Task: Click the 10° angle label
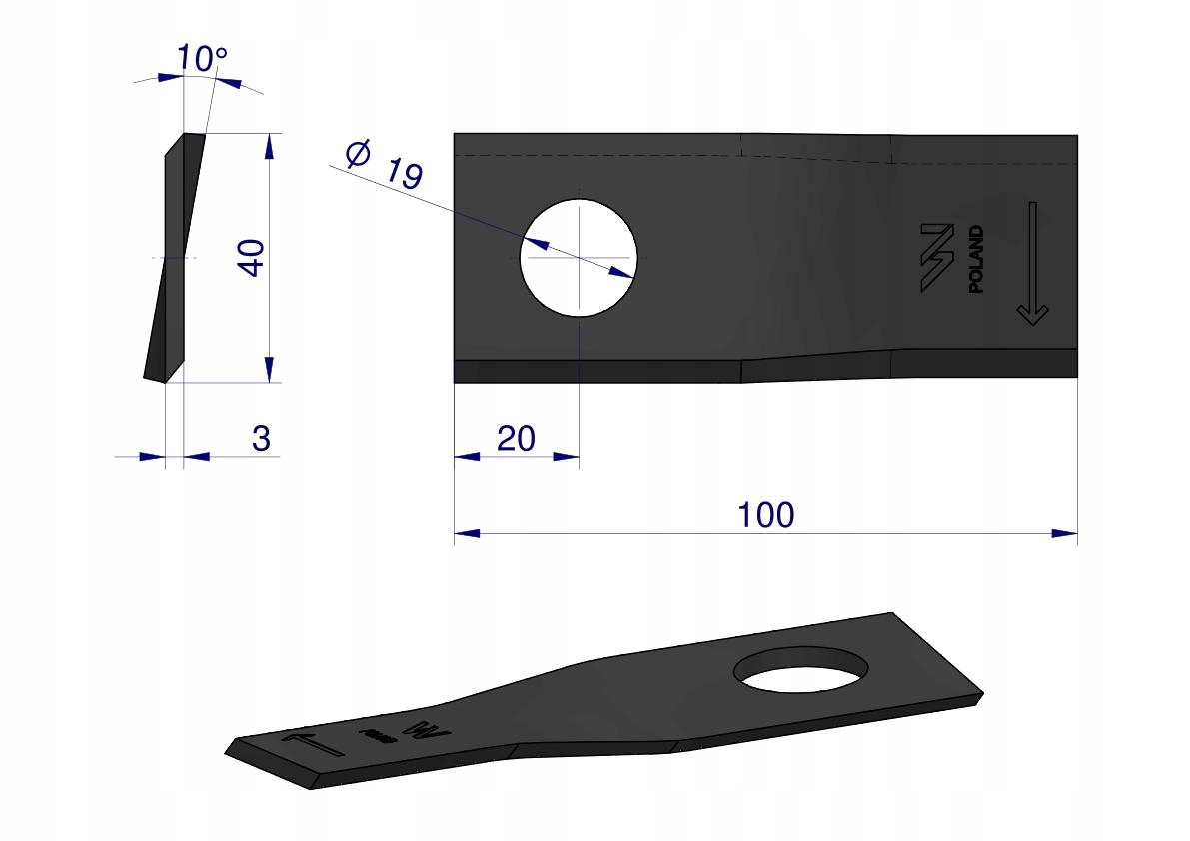coord(201,58)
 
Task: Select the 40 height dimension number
coord(251,258)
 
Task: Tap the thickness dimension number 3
coord(261,439)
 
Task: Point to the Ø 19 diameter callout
coord(384,164)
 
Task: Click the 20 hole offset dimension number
coord(517,439)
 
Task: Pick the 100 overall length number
coord(765,515)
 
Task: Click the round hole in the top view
coord(579,258)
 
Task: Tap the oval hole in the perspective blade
coord(802,670)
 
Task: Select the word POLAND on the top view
coord(977,259)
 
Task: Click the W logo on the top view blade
coord(937,257)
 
